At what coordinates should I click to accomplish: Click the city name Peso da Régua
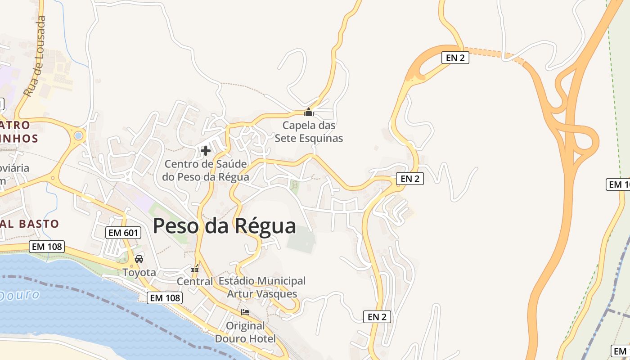[x=224, y=226]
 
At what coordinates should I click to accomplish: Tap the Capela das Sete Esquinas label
[x=309, y=131]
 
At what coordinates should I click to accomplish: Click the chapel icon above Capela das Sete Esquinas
[x=309, y=112]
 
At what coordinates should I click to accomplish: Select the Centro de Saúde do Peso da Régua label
[x=206, y=171]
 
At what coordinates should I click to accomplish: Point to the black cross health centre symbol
[x=206, y=150]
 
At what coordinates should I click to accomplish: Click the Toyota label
[x=139, y=272]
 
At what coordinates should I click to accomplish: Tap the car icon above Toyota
[x=139, y=259]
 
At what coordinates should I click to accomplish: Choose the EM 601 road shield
[x=123, y=233]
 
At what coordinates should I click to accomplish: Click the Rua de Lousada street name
[x=35, y=57]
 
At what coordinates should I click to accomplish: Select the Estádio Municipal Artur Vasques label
[x=262, y=288]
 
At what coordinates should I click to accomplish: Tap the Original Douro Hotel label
[x=245, y=332]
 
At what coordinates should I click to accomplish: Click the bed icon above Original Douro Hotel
[x=245, y=311]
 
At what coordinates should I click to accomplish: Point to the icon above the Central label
[x=195, y=270]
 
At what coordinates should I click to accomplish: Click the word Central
[x=195, y=282]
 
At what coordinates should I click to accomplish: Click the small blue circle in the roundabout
[x=78, y=135]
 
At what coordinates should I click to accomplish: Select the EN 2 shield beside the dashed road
[x=455, y=57]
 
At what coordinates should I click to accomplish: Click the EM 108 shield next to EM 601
[x=47, y=247]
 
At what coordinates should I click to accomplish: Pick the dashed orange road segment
[x=490, y=52]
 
